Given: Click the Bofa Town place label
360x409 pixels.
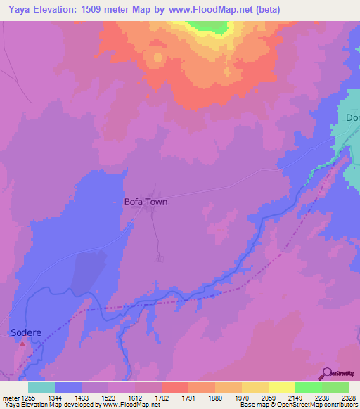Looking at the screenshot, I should pyautogui.click(x=146, y=202).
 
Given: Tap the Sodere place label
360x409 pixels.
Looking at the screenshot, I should pyautogui.click(x=24, y=332).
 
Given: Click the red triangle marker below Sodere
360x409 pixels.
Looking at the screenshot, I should pyautogui.click(x=22, y=343).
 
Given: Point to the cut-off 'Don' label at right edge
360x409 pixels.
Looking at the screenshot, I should pyautogui.click(x=352, y=118).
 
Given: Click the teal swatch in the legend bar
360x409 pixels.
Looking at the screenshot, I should pyautogui.click(x=41, y=387).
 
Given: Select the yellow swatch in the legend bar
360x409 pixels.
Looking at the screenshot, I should pyautogui.click(x=281, y=387).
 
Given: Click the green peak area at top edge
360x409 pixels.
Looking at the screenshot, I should pyautogui.click(x=210, y=26).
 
